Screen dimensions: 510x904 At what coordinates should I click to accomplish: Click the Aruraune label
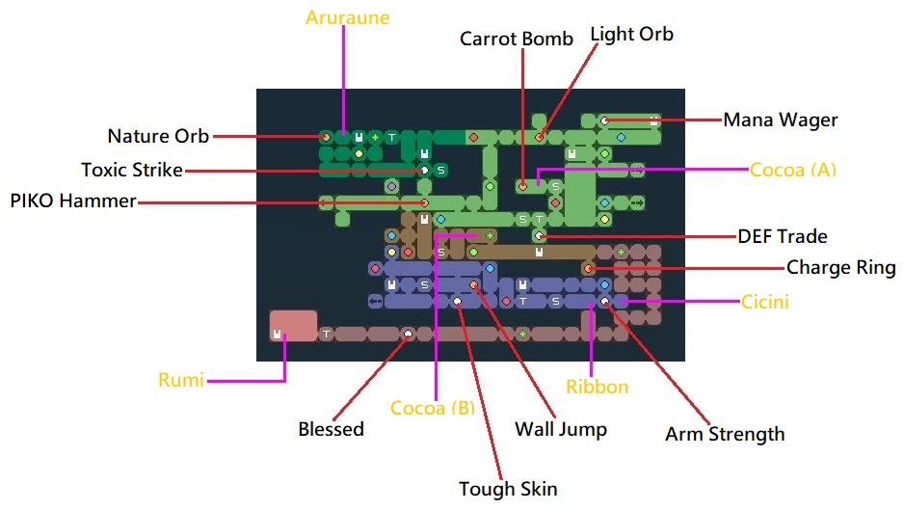(x=348, y=18)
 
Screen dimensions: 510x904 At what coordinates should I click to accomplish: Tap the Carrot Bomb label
(x=516, y=39)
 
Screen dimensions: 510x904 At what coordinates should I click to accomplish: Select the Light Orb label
(x=631, y=34)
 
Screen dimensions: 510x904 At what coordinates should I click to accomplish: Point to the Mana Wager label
(x=781, y=121)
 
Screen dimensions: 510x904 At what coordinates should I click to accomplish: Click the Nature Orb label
(x=158, y=136)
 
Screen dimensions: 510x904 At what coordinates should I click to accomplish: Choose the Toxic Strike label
(x=132, y=170)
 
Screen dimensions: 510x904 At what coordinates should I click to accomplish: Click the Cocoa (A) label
(x=793, y=170)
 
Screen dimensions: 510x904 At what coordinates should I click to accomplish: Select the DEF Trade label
(x=783, y=236)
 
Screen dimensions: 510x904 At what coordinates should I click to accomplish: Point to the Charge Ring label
(x=840, y=267)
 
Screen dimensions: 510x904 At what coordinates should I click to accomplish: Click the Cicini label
(x=765, y=302)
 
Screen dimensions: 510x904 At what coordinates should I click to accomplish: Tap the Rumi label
(x=181, y=381)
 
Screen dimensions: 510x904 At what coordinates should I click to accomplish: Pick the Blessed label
(x=331, y=428)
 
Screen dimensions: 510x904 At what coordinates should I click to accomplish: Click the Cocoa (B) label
(x=433, y=407)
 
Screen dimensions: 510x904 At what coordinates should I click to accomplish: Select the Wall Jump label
(x=561, y=428)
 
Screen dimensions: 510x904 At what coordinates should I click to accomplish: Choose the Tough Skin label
(x=508, y=488)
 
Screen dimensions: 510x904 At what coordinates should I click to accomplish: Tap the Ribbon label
(x=597, y=387)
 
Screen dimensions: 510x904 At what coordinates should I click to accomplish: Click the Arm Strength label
(x=725, y=434)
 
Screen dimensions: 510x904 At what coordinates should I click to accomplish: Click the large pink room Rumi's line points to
(x=293, y=325)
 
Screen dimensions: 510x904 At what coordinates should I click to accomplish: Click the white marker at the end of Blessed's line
(x=408, y=334)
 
